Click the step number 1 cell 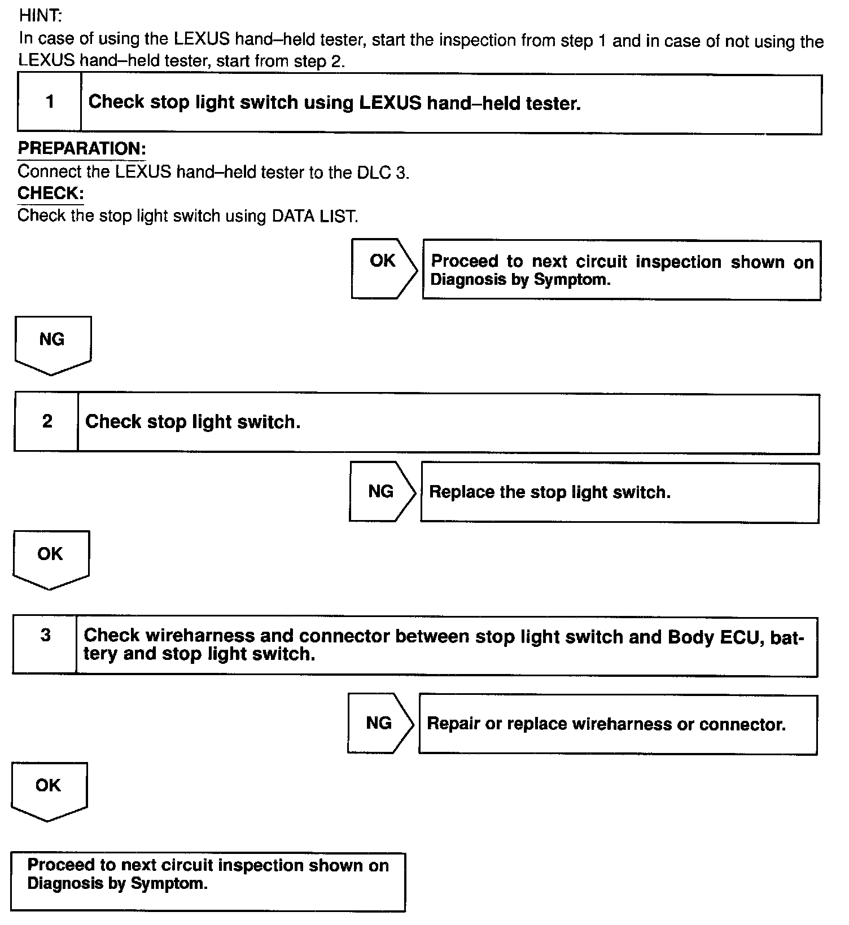coord(50,103)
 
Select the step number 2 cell coord(47,421)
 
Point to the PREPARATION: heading coord(82,149)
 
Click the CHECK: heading coord(51,193)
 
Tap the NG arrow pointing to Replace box coord(382,491)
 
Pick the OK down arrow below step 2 coord(51,558)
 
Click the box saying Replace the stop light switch coord(619,493)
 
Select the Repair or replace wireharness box coord(618,725)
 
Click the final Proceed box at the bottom coord(208,881)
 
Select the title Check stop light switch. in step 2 coord(192,422)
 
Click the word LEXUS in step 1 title coord(390,103)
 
